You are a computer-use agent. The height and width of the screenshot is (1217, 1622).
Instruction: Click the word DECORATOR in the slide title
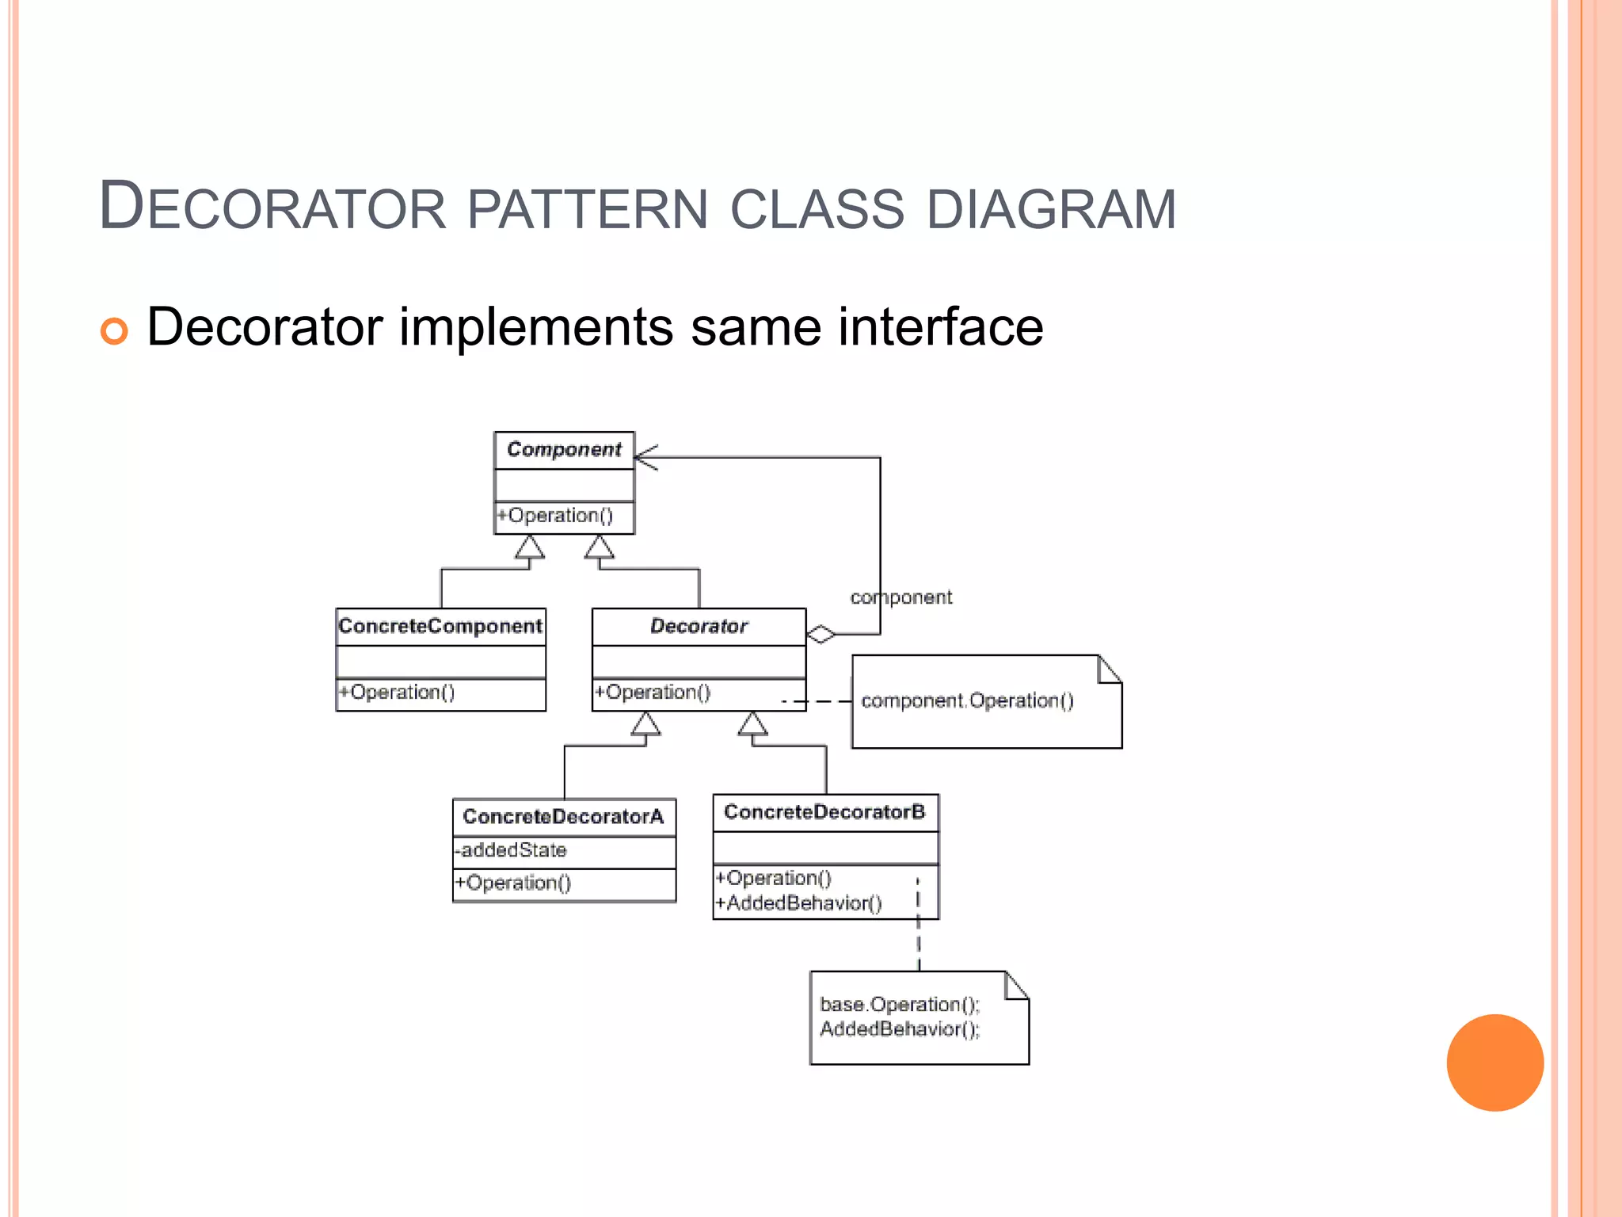point(273,208)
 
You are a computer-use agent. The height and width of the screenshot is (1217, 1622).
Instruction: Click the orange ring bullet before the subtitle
point(114,330)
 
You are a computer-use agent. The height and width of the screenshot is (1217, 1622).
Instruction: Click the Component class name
point(564,450)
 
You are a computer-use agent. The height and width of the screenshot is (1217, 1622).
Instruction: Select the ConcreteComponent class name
point(440,627)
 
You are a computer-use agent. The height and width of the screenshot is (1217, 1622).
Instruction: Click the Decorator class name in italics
point(699,627)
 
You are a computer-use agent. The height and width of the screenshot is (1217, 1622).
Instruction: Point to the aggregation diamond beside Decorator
point(821,635)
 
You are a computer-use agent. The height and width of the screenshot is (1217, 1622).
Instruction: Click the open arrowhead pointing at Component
point(645,457)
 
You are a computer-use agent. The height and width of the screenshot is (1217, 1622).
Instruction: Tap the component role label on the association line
point(900,597)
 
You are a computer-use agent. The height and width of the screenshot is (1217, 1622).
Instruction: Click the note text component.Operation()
point(967,701)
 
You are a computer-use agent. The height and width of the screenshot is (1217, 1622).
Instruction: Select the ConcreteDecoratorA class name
point(563,817)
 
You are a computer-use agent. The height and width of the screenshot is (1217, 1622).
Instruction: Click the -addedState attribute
point(511,851)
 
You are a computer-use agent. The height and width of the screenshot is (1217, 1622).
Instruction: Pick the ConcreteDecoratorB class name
point(824,812)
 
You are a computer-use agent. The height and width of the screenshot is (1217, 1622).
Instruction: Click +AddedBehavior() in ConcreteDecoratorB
point(798,903)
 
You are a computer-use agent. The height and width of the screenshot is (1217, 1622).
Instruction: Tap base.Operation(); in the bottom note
point(900,1005)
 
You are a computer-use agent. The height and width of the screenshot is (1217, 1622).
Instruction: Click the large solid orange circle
point(1494,1062)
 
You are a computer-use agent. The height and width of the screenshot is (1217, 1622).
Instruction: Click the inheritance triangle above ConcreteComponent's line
point(529,547)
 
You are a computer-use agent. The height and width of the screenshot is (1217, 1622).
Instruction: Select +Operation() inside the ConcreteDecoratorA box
point(512,883)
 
